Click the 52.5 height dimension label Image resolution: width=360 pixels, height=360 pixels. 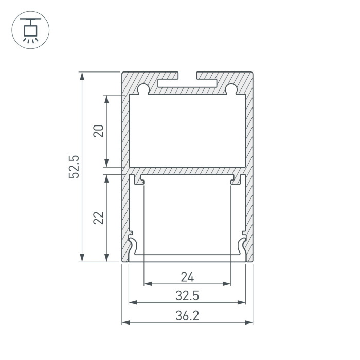(74, 167)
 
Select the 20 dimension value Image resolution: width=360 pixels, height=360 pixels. (99, 131)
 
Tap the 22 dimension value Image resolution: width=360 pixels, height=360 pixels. (99, 218)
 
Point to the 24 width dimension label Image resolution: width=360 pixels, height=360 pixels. (187, 277)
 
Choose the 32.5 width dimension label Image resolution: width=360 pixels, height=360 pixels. (187, 296)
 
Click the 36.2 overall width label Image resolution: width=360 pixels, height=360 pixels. (187, 316)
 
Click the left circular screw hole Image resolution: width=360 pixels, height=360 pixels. (143, 88)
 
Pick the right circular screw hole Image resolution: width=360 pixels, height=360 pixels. (231, 88)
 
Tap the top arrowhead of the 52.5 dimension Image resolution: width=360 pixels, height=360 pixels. (82, 76)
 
